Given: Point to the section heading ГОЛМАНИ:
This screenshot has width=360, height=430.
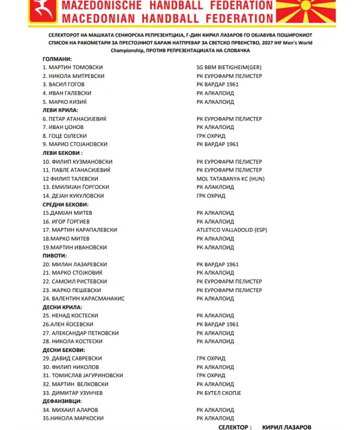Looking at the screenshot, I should coord(58,59).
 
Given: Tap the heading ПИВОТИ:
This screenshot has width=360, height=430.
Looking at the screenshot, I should coord(55,255).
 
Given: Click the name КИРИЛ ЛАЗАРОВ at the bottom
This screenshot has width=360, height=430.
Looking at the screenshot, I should coord(287,427).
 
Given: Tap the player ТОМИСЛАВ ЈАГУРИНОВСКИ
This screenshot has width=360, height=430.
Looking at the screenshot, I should coord(85,375).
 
